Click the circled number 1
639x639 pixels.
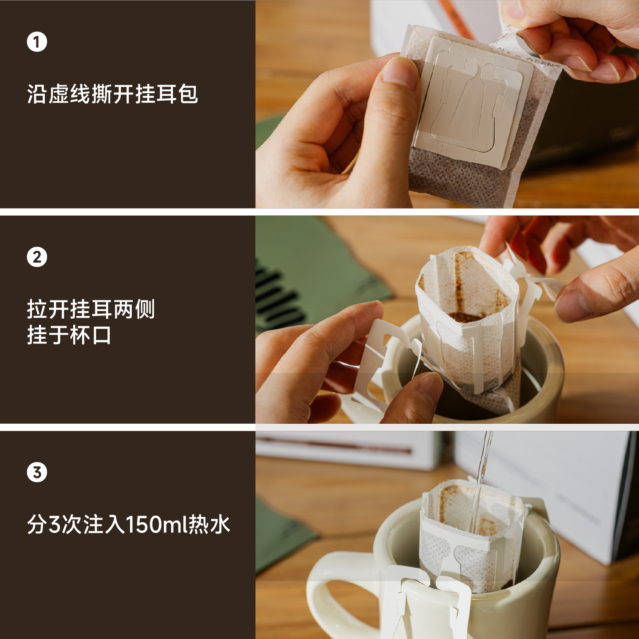pos(37,42)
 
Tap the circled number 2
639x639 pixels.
pos(37,257)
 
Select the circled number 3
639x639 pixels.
pos(37,472)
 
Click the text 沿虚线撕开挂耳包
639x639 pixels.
pos(112,94)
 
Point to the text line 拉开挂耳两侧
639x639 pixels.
pos(91,309)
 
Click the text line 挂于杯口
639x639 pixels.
pos(69,335)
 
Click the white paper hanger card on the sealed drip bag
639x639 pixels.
pos(473,102)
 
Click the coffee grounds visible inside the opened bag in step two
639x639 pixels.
pos(464,317)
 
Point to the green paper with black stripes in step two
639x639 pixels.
pos(302,275)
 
